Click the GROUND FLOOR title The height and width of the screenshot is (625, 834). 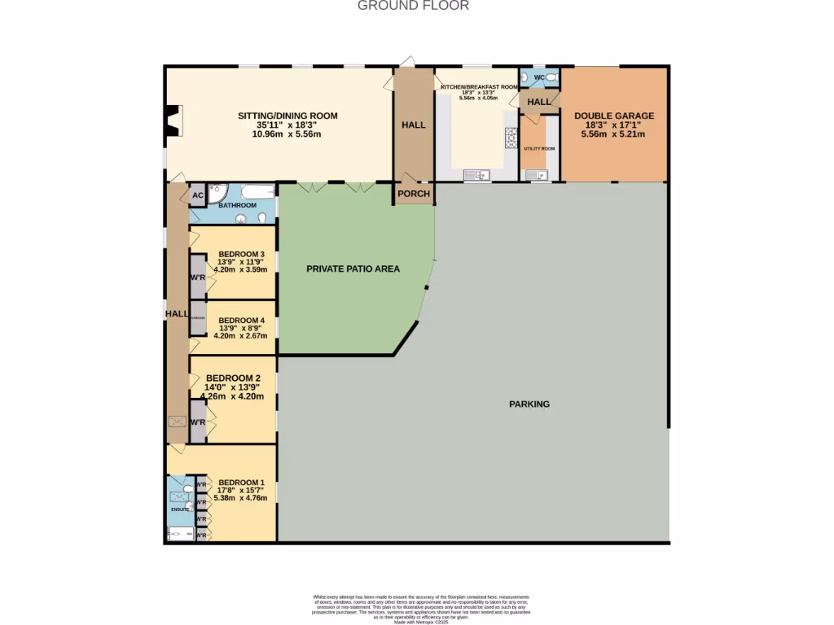413,6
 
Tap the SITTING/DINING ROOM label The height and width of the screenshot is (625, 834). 288,116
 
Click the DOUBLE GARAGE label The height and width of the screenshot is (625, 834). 613,116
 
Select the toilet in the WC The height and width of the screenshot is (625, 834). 551,77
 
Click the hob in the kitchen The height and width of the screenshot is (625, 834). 511,138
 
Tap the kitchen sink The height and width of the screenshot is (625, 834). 475,174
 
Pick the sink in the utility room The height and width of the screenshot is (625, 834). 534,174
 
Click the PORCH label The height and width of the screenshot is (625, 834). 413,194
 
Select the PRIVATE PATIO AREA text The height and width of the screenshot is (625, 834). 353,268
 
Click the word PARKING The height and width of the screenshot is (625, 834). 529,404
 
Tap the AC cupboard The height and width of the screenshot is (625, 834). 197,195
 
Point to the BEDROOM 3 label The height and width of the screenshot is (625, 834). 241,253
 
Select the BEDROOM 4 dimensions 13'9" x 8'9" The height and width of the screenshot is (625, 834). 241,328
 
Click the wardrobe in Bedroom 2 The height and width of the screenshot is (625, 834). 197,422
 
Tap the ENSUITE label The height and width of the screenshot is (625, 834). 180,509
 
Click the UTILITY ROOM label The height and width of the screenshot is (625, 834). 538,149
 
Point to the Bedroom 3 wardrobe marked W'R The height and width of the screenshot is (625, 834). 197,277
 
